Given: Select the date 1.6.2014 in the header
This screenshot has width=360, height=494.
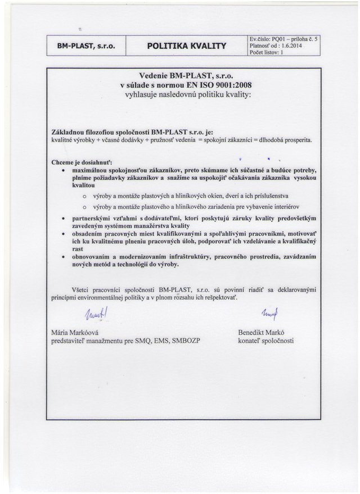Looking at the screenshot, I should click(299, 46).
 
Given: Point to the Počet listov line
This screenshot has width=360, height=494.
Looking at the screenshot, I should click(269, 53).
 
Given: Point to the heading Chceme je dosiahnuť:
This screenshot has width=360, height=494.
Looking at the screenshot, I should click(82, 162).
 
